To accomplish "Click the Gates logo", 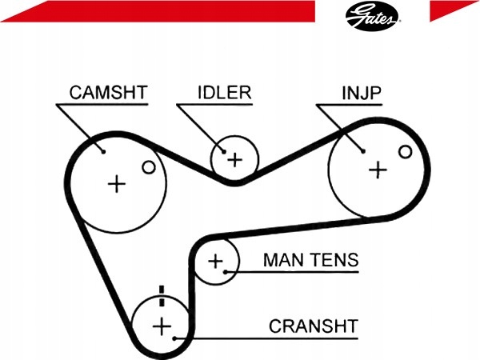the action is (x=372, y=16).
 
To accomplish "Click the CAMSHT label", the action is (x=109, y=93).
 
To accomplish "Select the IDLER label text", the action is (x=225, y=93).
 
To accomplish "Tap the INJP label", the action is (x=362, y=93).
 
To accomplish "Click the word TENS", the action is (x=334, y=260).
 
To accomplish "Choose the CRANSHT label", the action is (x=314, y=326).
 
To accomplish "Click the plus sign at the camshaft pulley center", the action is (x=117, y=184).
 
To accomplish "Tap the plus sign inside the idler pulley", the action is (x=235, y=159).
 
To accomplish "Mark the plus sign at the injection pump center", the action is (x=378, y=170).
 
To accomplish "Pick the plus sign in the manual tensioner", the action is (x=216, y=262).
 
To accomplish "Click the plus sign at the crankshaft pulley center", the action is (x=162, y=326).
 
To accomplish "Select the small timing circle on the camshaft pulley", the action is (x=149, y=167).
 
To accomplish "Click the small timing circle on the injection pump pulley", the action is (x=406, y=151).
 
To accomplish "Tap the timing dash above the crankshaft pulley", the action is (x=162, y=296).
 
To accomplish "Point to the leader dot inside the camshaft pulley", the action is (x=103, y=151).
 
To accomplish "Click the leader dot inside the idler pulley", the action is (x=224, y=151).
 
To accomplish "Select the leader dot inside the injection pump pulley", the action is (x=363, y=151).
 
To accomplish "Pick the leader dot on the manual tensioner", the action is (x=226, y=271).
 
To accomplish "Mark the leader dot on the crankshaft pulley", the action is (x=174, y=338).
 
